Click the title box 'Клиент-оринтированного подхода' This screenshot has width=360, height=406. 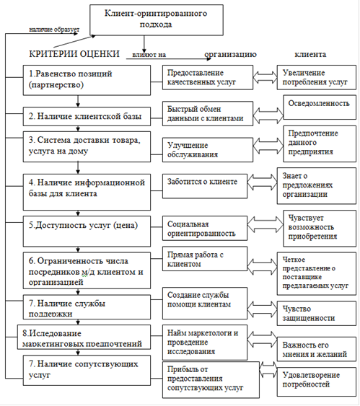pyautogui.click(x=157, y=20)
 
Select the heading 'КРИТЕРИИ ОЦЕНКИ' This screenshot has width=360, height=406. pyautogui.click(x=74, y=54)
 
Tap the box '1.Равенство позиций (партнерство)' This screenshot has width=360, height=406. pyautogui.click(x=87, y=80)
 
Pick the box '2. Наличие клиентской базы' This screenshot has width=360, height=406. pyautogui.click(x=87, y=117)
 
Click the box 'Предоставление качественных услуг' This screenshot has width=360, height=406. pyautogui.click(x=208, y=77)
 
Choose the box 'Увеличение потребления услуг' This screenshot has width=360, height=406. pyautogui.click(x=317, y=77)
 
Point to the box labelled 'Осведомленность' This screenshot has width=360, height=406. pyautogui.click(x=320, y=107)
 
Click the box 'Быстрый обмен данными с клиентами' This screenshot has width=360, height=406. pyautogui.click(x=208, y=114)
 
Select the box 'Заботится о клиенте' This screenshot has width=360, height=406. pyautogui.click(x=205, y=186)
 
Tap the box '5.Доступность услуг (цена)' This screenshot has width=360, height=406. pyautogui.click(x=87, y=231)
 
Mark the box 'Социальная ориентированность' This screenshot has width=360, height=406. pyautogui.click(x=205, y=229)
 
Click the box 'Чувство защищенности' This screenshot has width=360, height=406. pyautogui.click(x=317, y=313)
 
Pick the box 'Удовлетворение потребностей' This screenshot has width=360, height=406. pyautogui.click(x=317, y=381)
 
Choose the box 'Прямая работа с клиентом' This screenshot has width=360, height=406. pyautogui.click(x=205, y=259)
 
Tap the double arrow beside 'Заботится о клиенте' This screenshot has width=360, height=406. pyautogui.click(x=262, y=182)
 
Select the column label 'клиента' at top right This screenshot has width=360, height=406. pyautogui.click(x=310, y=54)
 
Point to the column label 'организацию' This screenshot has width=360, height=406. pyautogui.click(x=231, y=54)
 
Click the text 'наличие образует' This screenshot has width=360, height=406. pyautogui.click(x=54, y=30)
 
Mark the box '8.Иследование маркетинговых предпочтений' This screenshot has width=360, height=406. pyautogui.click(x=84, y=337)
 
